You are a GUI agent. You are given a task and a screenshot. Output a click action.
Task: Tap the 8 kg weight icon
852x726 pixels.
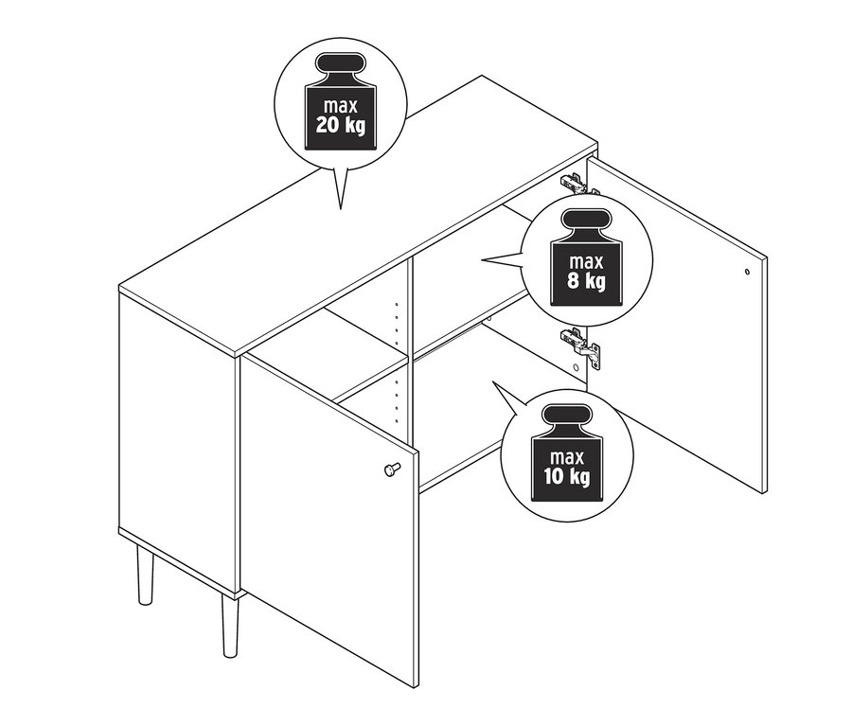click(x=586, y=257)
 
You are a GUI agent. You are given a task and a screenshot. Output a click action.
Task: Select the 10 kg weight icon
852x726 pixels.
click(x=567, y=452)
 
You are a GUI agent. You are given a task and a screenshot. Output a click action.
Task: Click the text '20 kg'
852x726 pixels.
click(x=340, y=126)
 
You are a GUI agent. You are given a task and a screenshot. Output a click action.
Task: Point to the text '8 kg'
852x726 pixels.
click(x=586, y=281)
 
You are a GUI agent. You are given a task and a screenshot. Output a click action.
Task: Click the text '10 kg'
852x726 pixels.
click(x=567, y=476)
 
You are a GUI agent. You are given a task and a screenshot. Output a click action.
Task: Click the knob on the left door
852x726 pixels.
click(x=391, y=469)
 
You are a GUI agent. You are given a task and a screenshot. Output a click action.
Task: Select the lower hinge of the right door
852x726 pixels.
click(x=580, y=346)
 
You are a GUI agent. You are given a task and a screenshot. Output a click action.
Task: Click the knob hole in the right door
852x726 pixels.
click(x=747, y=271)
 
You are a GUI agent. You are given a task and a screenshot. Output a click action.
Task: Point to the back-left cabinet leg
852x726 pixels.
click(x=145, y=574)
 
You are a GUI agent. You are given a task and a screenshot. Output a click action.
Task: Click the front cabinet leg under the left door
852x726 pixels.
click(x=230, y=625)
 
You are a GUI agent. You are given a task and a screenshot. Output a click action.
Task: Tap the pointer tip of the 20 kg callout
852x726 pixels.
click(x=340, y=208)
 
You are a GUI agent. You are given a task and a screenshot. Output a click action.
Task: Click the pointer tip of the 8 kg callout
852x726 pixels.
click(x=481, y=260)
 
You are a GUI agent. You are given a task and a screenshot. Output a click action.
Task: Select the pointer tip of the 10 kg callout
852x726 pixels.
click(x=493, y=381)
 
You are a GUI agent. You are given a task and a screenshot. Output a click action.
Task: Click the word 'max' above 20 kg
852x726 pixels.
click(x=340, y=107)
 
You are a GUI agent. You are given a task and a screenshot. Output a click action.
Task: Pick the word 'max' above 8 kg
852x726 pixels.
click(x=586, y=262)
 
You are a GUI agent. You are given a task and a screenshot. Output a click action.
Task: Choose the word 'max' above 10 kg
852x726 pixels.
click(x=567, y=457)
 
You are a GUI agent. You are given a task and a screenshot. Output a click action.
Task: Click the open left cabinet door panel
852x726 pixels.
click(x=328, y=519)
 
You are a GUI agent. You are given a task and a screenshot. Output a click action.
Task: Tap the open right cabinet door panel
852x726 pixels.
click(x=677, y=325)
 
